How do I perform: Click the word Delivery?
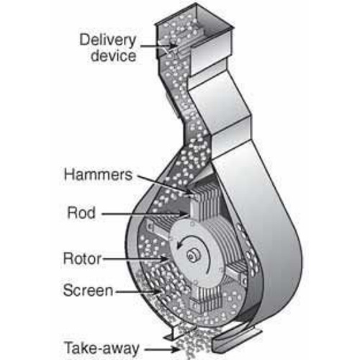(108, 40)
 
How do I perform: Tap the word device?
(114, 55)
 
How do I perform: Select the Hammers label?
(98, 174)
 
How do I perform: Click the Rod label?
(81, 212)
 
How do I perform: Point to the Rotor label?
(82, 258)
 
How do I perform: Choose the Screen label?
(88, 290)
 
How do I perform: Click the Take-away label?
(102, 348)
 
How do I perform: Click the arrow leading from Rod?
(145, 213)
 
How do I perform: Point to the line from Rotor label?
(135, 258)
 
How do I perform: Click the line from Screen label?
(138, 292)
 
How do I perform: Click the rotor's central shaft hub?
(192, 256)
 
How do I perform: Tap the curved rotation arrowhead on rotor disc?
(179, 246)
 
